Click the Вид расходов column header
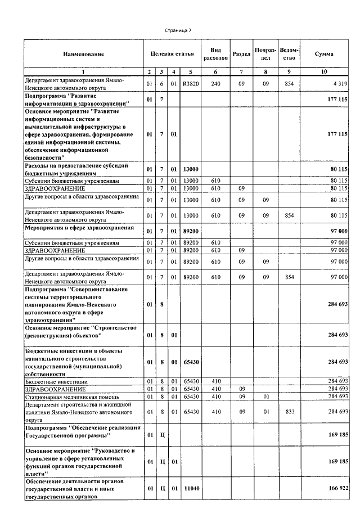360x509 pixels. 215,54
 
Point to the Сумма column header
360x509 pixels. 323,54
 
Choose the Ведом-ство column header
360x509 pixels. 289,54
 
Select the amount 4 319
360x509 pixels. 339,84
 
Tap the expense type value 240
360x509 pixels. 215,84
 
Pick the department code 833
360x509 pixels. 289,412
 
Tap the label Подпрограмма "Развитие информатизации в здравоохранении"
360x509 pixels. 77,100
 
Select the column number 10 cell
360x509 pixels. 323,72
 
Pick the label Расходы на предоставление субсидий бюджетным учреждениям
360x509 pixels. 76,169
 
